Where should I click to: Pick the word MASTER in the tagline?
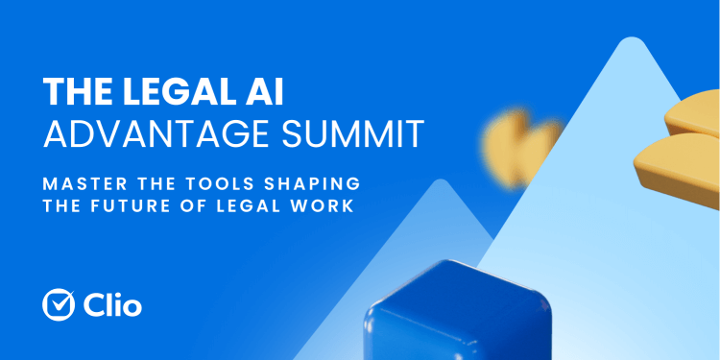[x=81, y=182]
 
